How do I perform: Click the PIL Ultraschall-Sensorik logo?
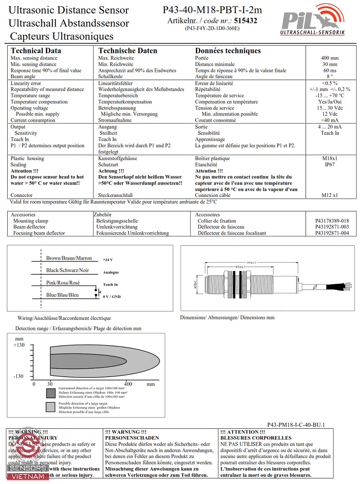[312, 20]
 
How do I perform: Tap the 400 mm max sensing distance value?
[330, 58]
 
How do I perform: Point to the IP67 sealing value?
[330, 165]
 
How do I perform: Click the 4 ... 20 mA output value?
[330, 127]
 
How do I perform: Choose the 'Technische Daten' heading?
[128, 51]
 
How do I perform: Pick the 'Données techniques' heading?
[228, 51]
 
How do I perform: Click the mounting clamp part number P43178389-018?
[332, 221]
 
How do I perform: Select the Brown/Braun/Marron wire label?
[69, 258]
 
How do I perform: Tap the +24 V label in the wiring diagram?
[108, 260]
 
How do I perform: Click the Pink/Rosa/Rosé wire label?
[63, 283]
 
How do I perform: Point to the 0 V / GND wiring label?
[112, 297]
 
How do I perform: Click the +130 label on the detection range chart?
[19, 345]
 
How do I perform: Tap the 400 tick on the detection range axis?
[128, 384]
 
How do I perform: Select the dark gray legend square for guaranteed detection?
[50, 393]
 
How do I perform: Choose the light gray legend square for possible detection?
[50, 407]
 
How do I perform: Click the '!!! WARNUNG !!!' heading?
[126, 432]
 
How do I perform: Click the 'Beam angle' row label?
[23, 76]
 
